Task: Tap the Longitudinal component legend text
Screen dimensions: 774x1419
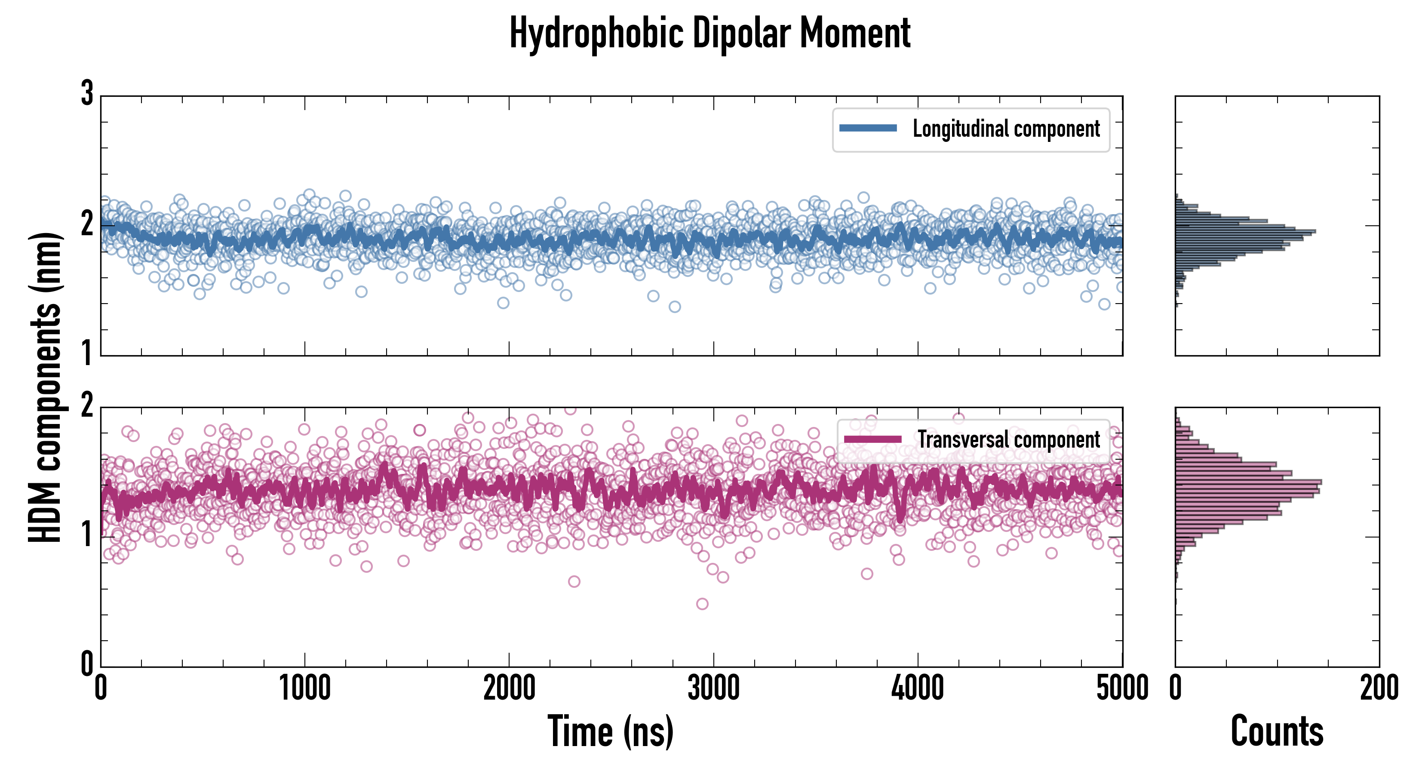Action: pos(1006,129)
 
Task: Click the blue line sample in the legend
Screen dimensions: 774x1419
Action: pos(868,129)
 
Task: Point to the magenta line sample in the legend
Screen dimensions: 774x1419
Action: pos(872,439)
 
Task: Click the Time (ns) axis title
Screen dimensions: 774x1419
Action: pos(610,731)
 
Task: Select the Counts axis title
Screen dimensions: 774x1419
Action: pos(1277,731)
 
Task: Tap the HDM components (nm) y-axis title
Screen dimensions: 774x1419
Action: pos(45,387)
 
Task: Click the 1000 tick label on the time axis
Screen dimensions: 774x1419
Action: pos(304,688)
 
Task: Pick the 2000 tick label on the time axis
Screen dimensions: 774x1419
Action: pos(509,688)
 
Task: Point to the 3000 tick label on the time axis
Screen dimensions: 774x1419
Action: pos(713,688)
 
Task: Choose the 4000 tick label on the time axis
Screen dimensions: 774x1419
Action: pos(918,688)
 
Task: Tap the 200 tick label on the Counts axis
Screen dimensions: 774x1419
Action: pos(1379,688)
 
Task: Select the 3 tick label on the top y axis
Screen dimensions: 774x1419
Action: pos(87,94)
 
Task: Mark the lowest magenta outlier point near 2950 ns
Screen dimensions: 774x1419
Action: pos(702,604)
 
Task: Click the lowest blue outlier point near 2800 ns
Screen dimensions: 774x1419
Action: pos(674,307)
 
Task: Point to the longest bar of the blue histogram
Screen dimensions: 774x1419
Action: pos(1245,231)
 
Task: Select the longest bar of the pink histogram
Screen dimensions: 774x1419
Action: pos(1248,482)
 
